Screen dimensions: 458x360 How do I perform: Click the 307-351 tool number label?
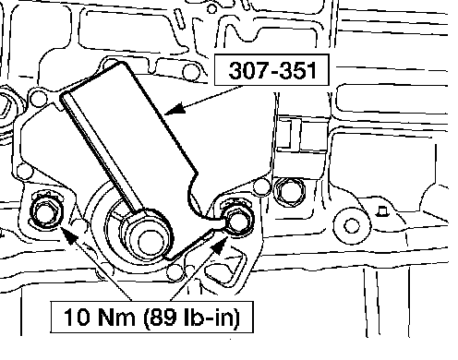tap(272, 70)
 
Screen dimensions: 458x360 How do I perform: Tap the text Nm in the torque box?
tap(116, 317)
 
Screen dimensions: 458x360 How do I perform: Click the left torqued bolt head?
tap(46, 211)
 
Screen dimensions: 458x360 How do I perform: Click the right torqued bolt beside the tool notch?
tap(238, 219)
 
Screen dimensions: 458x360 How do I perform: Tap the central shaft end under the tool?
tap(151, 242)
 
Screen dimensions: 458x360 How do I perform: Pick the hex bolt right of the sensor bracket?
tap(289, 192)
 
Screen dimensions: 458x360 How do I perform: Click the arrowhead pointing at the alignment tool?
tap(175, 109)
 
